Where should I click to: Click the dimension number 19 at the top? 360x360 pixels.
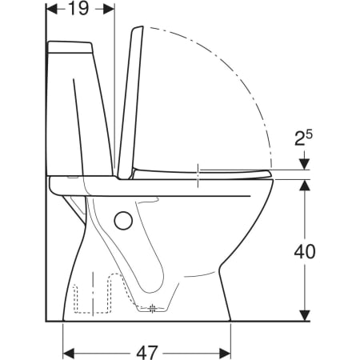click(x=78, y=9)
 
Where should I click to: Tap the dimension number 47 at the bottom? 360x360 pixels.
click(x=147, y=353)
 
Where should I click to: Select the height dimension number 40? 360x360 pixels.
click(x=305, y=251)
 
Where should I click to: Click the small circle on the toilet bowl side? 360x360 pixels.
click(x=123, y=220)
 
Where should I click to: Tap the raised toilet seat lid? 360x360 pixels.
click(x=130, y=102)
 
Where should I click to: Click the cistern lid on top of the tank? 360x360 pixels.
click(x=70, y=47)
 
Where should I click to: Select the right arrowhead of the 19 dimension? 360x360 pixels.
click(x=109, y=10)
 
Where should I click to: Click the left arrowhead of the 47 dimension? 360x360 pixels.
click(x=68, y=354)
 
